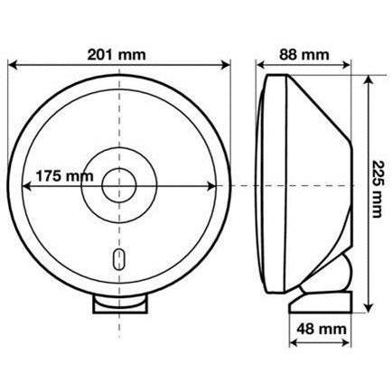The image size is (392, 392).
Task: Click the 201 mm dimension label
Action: [x=117, y=55]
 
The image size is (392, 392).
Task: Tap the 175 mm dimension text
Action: [x=64, y=176]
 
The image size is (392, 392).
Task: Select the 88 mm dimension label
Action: [x=304, y=55]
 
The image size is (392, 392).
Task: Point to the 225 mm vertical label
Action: [x=378, y=189]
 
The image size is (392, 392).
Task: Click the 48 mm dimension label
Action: [x=322, y=329]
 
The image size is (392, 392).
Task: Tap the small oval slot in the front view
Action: [x=119, y=259]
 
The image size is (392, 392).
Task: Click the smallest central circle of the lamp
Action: [x=119, y=186]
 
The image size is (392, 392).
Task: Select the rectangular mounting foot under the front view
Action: [x=120, y=304]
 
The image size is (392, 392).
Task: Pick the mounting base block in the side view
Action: [x=321, y=302]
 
